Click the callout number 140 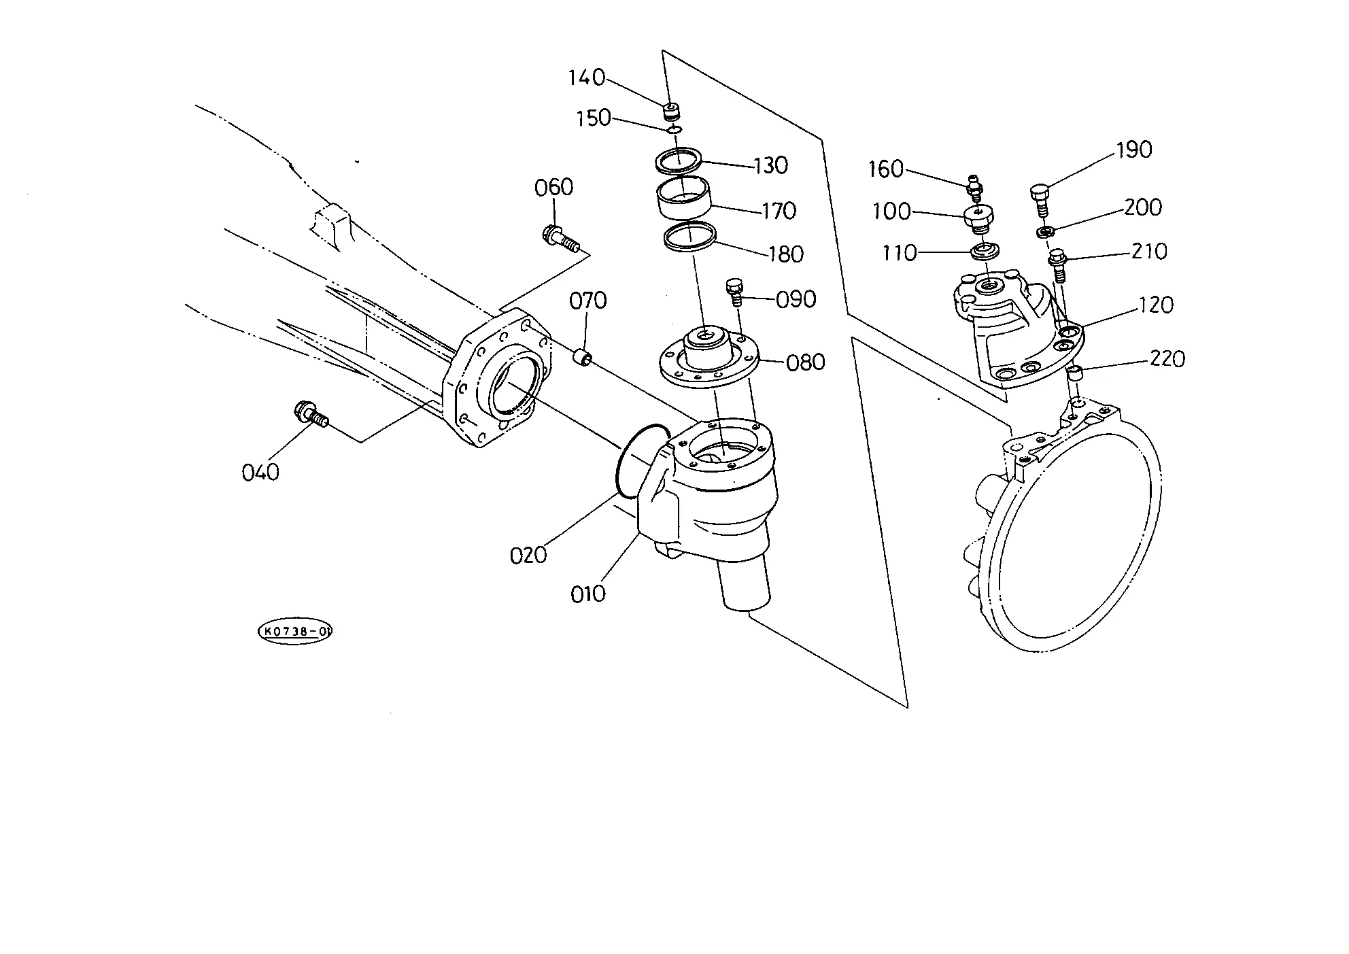pyautogui.click(x=587, y=78)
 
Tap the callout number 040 pyautogui.click(x=260, y=472)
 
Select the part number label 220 pyautogui.click(x=1167, y=358)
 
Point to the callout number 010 pyautogui.click(x=588, y=594)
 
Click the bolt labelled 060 pyautogui.click(x=560, y=239)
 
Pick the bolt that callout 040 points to pyautogui.click(x=311, y=414)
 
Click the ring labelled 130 pyautogui.click(x=678, y=161)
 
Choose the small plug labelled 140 pyautogui.click(x=672, y=109)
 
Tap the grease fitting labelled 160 pyautogui.click(x=975, y=187)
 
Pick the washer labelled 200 pyautogui.click(x=1045, y=233)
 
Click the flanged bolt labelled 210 pyautogui.click(x=1059, y=267)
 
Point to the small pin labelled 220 pyautogui.click(x=1074, y=372)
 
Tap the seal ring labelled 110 pyautogui.click(x=985, y=251)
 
